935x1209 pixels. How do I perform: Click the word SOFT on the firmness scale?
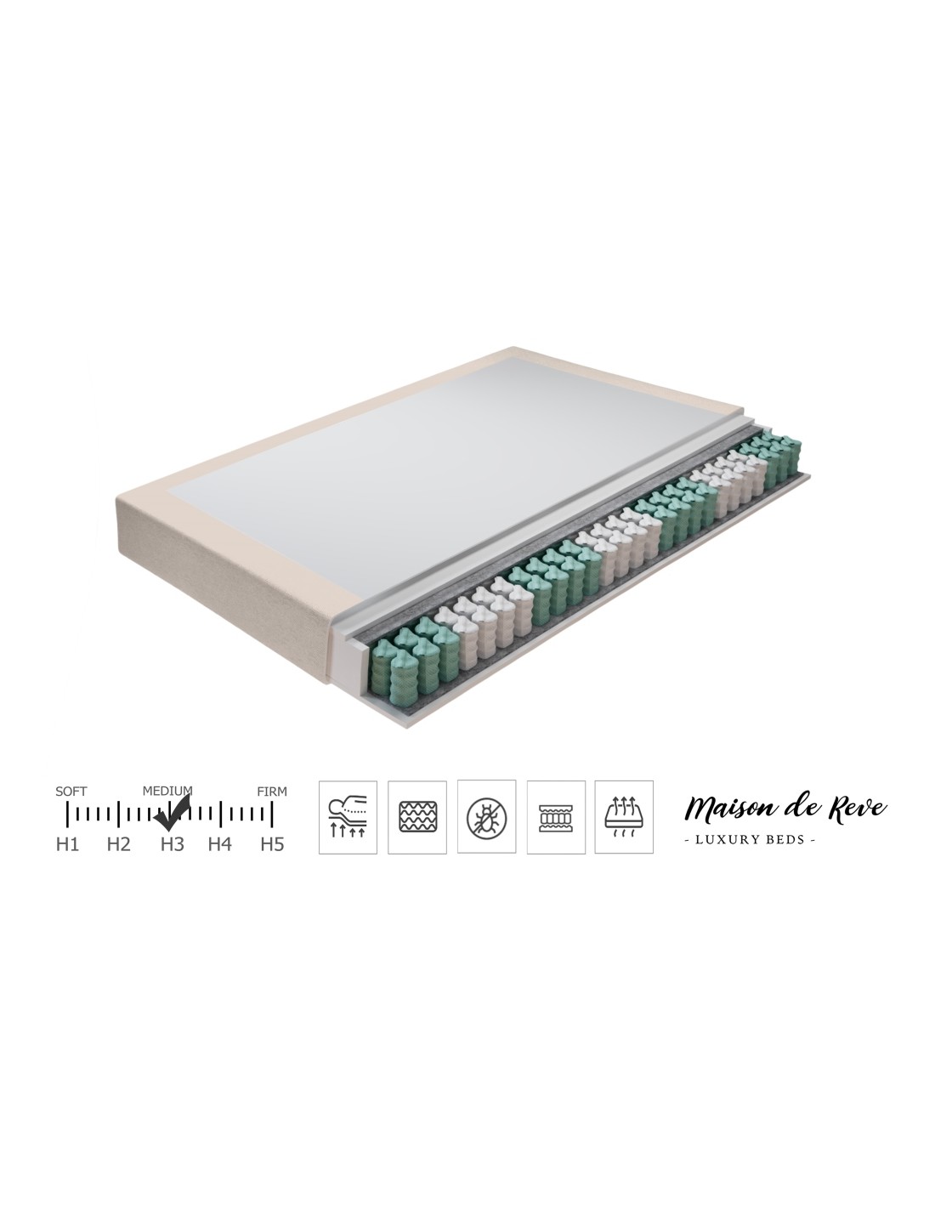[x=71, y=792]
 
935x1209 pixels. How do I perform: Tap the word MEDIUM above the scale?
[x=167, y=791]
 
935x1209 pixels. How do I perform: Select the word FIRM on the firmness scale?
[x=272, y=792]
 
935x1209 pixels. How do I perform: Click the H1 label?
[x=67, y=844]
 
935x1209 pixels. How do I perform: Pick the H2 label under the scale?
[x=118, y=844]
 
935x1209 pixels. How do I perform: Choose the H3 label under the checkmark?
[x=173, y=844]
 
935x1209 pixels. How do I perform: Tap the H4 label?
[x=219, y=844]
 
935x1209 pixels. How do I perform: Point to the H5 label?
[x=273, y=844]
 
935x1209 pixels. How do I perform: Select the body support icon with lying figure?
[x=348, y=817]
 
